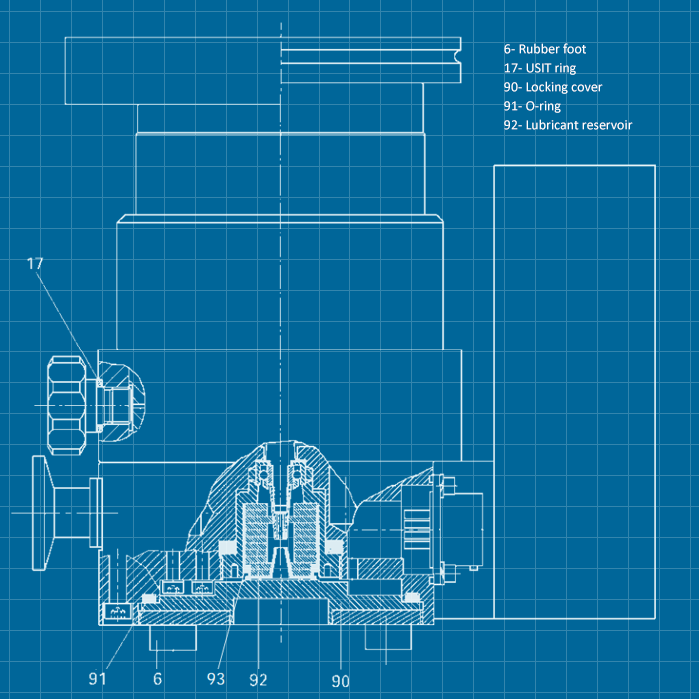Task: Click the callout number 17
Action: [36, 264]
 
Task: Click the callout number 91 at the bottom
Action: [97, 679]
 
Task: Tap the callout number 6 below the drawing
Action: [157, 679]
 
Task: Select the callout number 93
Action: [216, 679]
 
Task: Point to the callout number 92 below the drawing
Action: [259, 680]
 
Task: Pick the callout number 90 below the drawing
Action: [341, 681]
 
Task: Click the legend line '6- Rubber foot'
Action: [545, 49]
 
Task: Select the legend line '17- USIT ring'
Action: [540, 68]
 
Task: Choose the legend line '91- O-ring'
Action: [533, 106]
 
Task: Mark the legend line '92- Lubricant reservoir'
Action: [568, 125]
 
